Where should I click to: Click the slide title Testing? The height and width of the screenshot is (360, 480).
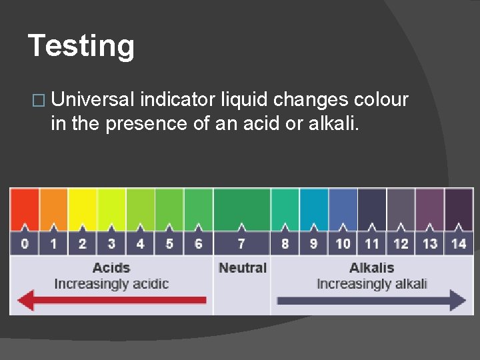(81, 47)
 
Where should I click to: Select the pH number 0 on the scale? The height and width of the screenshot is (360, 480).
(25, 243)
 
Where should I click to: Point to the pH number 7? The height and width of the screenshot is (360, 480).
(241, 243)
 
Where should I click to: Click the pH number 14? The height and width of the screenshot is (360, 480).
(459, 243)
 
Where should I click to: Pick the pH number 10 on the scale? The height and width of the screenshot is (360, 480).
(343, 243)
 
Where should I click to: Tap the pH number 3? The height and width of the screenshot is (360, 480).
(111, 243)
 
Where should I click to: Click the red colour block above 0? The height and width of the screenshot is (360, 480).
(25, 208)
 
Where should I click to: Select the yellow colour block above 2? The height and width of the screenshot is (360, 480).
(83, 208)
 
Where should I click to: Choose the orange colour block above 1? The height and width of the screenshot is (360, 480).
(53, 208)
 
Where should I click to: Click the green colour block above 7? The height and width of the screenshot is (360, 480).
(241, 208)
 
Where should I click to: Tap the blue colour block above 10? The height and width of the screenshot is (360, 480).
(343, 208)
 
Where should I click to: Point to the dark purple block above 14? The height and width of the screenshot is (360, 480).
(459, 208)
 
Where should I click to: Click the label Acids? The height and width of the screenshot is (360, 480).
(111, 268)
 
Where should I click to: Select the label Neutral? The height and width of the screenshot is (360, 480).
(242, 268)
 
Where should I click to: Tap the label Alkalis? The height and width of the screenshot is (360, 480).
(371, 268)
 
